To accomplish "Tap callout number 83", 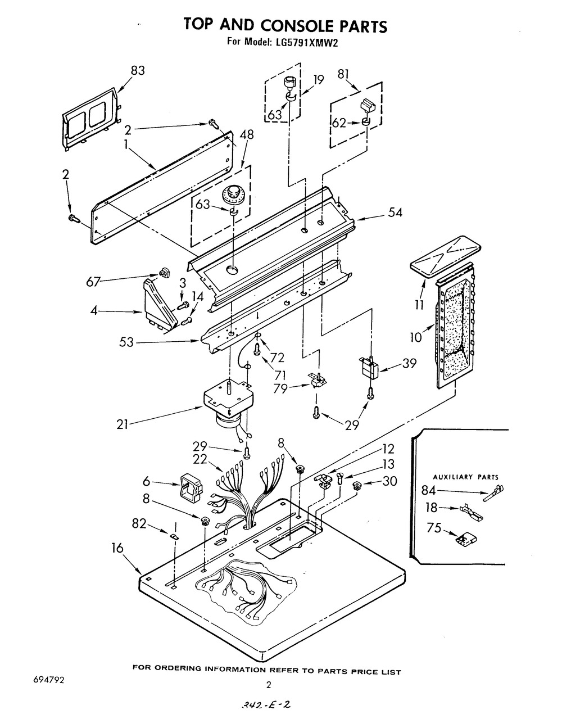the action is (138, 70).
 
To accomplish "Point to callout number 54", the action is (395, 212).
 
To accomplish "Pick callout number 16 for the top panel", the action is (117, 548).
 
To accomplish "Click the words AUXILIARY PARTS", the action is (465, 477).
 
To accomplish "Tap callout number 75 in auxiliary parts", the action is (434, 528).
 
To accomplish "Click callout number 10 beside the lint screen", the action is (416, 337).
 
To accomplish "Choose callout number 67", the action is (93, 282).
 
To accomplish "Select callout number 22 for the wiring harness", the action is (200, 459).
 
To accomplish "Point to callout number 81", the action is (343, 74).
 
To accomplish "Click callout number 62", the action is (338, 123).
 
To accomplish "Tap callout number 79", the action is (280, 389).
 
